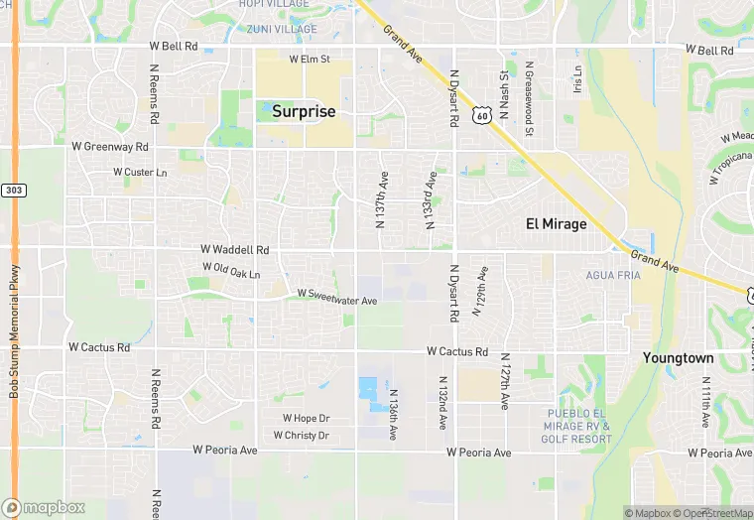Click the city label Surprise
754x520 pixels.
[304, 112]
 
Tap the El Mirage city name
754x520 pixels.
[556, 224]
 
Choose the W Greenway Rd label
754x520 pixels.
[109, 147]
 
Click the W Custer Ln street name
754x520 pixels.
[140, 173]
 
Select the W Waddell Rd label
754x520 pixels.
[234, 250]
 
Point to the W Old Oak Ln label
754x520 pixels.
[231, 269]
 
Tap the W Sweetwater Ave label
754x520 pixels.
[337, 299]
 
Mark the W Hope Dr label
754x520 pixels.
[306, 419]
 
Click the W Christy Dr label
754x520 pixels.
[301, 436]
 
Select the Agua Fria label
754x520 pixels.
[613, 275]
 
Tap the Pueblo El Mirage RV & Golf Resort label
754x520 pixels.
[578, 425]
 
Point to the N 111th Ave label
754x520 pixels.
[705, 401]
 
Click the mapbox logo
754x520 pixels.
[44, 507]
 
